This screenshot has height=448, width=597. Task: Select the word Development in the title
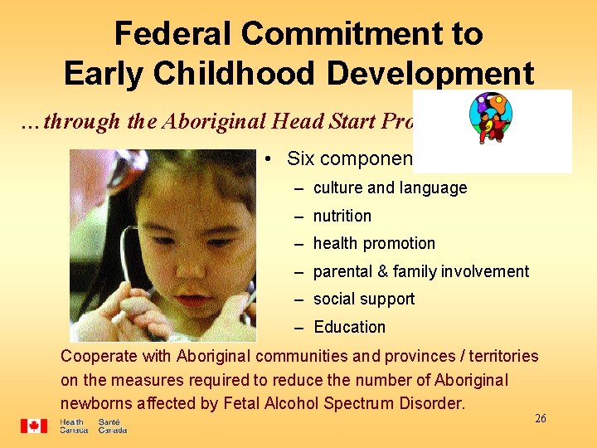click(430, 74)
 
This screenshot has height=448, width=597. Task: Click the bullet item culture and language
click(390, 188)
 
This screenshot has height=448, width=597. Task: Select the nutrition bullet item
click(342, 216)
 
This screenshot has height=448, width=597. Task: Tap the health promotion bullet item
click(373, 243)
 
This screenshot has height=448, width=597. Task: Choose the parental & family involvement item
click(420, 271)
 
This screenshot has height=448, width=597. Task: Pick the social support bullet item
click(363, 299)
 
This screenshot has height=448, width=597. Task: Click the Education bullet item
click(349, 327)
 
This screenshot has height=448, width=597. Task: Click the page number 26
click(540, 419)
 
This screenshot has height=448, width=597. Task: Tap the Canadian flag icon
click(34, 426)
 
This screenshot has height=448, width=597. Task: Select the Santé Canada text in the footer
click(112, 426)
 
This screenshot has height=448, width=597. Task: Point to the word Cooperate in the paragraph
click(97, 356)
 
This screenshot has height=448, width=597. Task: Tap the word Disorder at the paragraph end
click(434, 403)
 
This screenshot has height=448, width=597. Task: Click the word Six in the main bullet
click(301, 158)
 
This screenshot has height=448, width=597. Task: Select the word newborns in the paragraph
click(97, 403)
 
